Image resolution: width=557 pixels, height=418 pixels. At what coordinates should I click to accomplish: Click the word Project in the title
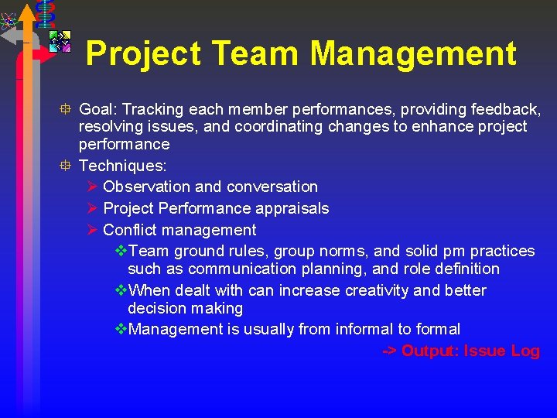142,54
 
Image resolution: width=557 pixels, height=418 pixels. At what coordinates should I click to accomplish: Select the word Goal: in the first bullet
98,109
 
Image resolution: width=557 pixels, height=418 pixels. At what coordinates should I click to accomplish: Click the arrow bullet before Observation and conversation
92,187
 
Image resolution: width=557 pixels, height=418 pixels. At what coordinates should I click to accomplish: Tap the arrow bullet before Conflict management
92,230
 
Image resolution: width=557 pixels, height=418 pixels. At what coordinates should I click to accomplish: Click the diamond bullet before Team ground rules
121,251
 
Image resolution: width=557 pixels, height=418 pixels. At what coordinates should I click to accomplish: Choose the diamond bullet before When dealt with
121,290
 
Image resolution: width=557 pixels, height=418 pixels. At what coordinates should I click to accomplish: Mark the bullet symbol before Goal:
68,109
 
